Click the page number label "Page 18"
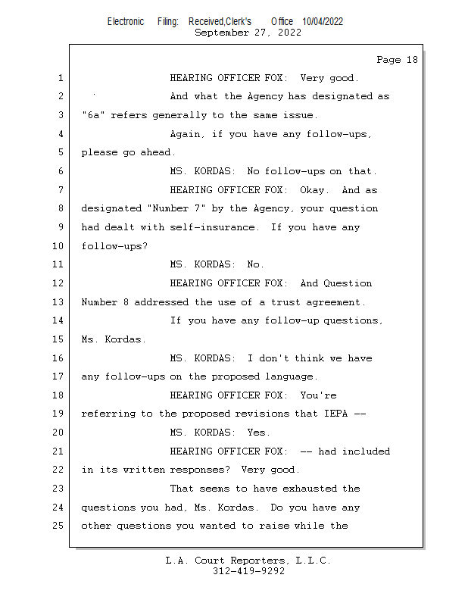point(397,60)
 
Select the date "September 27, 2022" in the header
point(248,33)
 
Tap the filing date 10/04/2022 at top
point(322,22)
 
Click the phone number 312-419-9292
point(248,572)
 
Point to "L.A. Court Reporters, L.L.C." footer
point(248,561)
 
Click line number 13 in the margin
point(59,302)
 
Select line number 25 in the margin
point(59,526)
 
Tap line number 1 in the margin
point(60,78)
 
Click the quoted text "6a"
point(93,115)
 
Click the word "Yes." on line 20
point(259,433)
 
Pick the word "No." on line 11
point(256,264)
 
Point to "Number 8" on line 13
point(99,302)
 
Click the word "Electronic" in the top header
point(126,22)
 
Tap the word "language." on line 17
point(292,376)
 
